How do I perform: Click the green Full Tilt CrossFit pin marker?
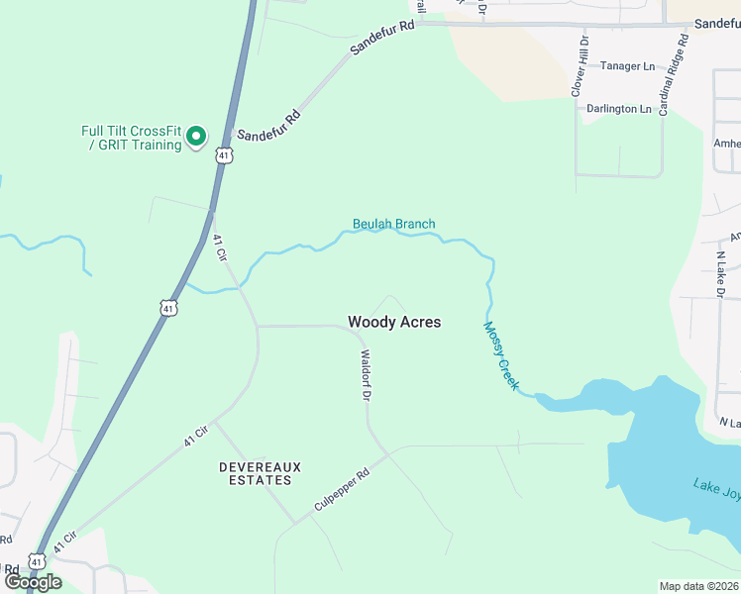196,135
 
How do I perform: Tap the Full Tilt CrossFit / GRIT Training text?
133,138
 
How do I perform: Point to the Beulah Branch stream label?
393,224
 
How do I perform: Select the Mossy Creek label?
500,354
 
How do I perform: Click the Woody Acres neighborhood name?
394,322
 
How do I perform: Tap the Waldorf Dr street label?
366,375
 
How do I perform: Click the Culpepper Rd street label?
341,489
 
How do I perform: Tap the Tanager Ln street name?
635,66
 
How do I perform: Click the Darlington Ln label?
619,109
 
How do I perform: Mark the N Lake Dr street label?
720,273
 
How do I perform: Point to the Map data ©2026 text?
698,586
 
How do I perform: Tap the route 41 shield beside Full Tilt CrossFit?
225,155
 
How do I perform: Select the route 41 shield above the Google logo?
36,560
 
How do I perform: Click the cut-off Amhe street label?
727,143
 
